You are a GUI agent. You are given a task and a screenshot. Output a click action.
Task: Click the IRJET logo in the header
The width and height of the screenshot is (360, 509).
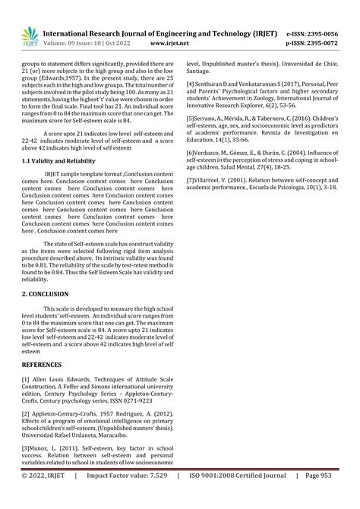28,34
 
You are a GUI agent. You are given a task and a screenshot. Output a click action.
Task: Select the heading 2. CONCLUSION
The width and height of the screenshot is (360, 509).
45,293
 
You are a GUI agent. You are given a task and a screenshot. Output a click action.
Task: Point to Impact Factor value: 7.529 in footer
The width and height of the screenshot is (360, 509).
128,498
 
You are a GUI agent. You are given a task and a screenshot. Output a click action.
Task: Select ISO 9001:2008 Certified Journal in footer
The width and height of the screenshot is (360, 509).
242,498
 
